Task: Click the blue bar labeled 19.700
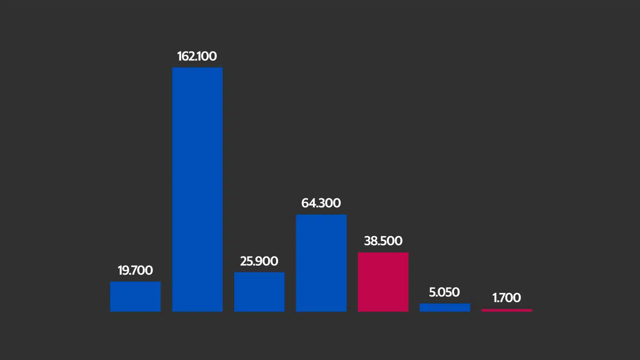coord(136,296)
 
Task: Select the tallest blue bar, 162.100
coord(197,189)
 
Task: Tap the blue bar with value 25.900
coord(259,292)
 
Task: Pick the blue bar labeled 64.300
coord(321,263)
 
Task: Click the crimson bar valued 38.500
coord(383,282)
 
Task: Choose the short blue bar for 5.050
coord(445,308)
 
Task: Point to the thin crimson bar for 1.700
coord(507,310)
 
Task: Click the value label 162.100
coord(197,56)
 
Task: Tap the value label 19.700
coord(135,271)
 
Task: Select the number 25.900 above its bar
coord(259,261)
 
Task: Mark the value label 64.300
coord(321,204)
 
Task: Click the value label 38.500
coord(383,241)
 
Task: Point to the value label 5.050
coord(444,292)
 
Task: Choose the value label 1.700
coord(507,298)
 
